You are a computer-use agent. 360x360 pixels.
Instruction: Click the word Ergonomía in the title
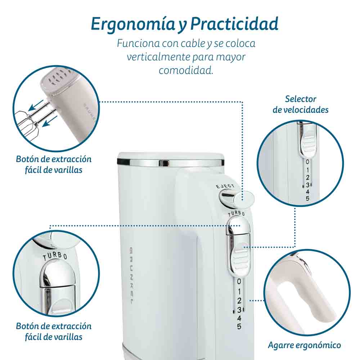133,24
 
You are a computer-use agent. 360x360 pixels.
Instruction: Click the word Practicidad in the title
235,24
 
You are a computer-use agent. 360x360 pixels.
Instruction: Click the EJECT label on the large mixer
225,186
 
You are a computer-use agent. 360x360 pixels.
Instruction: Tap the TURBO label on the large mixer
236,213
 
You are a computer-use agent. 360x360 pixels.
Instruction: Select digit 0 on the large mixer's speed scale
239,282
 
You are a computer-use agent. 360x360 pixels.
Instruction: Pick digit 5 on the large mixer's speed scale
239,326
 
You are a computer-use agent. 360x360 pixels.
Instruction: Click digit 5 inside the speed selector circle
307,198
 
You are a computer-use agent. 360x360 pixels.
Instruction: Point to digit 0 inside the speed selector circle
307,162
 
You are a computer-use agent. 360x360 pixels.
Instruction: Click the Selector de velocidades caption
301,104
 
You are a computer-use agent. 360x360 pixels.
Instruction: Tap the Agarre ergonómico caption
305,345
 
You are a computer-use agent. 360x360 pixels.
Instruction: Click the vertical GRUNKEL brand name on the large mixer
131,276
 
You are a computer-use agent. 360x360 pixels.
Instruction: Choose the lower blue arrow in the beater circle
50,121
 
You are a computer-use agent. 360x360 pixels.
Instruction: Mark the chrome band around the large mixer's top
171,163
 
